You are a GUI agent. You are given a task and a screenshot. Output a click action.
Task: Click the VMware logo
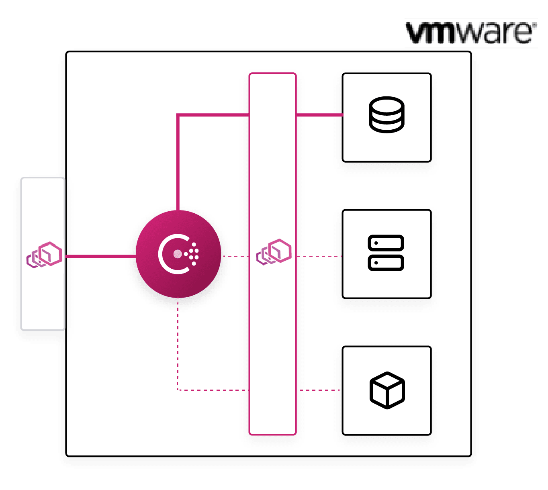pos(471,34)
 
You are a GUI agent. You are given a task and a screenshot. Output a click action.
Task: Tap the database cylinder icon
pos(386,115)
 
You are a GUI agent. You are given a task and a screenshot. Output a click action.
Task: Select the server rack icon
pos(386,253)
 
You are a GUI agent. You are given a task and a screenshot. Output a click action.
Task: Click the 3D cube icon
pos(387,390)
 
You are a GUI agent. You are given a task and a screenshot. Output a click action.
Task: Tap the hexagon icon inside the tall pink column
pos(274,252)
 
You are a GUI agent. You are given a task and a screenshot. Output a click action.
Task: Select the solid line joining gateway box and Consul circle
pos(100,256)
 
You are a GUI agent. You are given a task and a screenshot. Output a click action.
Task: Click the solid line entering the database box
pos(319,115)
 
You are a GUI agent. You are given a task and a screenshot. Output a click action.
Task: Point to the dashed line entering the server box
pos(319,256)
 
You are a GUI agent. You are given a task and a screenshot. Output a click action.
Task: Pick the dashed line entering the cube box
pos(319,390)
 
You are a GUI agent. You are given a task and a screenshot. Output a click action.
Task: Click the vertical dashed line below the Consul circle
pos(178,345)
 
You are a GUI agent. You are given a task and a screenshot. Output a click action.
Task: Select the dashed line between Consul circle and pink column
pos(235,256)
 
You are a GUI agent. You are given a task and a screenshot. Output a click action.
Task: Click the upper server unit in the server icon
pos(386,243)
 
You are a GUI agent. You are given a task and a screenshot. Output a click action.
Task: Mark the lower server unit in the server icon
pos(386,263)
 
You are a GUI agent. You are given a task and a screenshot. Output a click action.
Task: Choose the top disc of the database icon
pos(386,105)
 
